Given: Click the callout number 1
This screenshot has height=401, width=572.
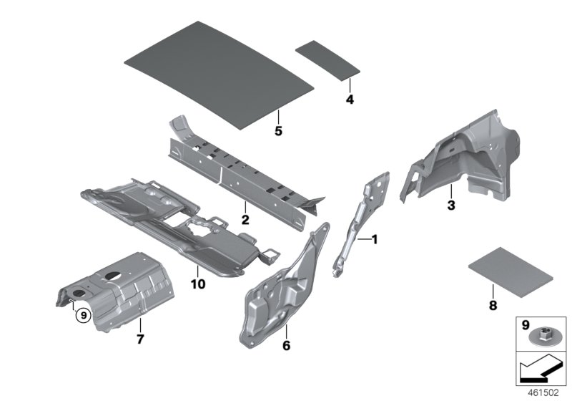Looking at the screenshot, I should coord(373,239).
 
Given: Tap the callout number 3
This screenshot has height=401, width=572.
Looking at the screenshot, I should coord(450,206).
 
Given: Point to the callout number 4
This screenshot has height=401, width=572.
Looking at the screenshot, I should coord(350,100).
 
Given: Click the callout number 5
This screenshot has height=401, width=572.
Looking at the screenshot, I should coord(279,131).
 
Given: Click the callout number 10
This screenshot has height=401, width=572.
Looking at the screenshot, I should coord(197,284).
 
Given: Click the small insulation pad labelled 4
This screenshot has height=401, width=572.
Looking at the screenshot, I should coord(327,57).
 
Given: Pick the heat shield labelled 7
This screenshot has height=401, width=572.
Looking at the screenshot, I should coord(129,286).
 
